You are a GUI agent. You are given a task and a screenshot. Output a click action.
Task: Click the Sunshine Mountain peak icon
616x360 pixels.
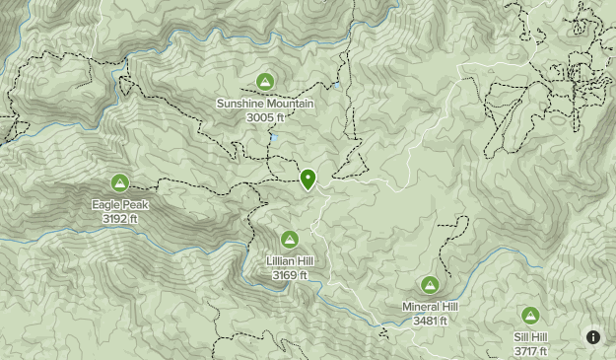point(264,81)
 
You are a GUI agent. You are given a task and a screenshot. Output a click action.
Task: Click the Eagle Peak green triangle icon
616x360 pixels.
point(119,182)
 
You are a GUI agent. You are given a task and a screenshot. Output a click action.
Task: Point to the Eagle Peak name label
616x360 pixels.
point(119,205)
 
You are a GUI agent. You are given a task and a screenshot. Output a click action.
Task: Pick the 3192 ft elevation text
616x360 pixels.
point(119,218)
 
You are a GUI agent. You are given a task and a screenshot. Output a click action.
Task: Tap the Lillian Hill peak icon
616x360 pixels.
point(290,239)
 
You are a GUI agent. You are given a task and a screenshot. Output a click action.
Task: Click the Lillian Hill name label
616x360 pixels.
point(290,261)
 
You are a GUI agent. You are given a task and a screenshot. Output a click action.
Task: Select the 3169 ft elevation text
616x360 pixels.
point(290,275)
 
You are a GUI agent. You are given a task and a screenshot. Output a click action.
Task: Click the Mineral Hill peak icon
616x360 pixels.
point(430,284)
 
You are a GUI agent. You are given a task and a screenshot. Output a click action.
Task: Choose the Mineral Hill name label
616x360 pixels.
point(430,307)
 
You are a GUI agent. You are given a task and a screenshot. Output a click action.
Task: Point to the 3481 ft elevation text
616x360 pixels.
point(430,321)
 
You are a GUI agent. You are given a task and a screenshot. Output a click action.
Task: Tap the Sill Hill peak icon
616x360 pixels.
point(530,315)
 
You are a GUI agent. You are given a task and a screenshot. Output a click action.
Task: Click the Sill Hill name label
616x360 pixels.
point(530,337)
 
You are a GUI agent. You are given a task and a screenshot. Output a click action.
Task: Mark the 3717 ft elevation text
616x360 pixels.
point(530,351)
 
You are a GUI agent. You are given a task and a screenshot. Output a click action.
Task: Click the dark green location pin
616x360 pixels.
point(308,179)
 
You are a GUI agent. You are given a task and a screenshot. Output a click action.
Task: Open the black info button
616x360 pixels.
point(593,337)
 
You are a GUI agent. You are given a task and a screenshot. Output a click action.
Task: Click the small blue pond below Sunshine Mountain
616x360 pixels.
point(274,138)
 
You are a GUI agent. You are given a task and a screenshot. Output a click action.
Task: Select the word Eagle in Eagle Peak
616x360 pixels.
point(106,205)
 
